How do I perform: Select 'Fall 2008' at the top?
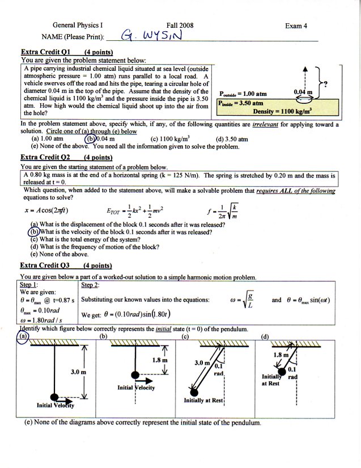180,26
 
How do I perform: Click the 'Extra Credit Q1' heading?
45,51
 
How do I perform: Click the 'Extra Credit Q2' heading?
45,157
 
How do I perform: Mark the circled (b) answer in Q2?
35,231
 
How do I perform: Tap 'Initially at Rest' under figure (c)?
205,401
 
